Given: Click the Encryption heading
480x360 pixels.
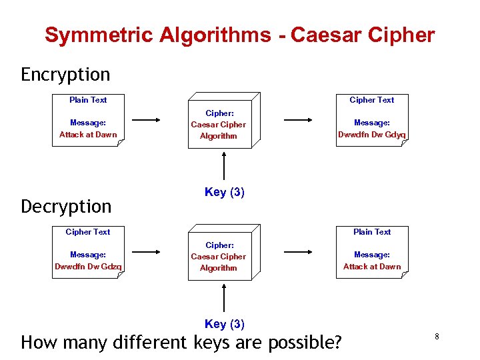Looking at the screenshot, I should tap(65, 74).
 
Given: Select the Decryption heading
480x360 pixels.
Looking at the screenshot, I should tap(66, 206).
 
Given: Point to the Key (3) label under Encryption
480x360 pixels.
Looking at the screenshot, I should tap(225, 192).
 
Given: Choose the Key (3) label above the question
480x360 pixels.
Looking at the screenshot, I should tap(225, 324).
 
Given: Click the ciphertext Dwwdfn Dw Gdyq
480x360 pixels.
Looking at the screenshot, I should tap(372, 135).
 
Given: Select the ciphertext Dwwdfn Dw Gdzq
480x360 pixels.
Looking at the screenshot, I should tap(88, 267).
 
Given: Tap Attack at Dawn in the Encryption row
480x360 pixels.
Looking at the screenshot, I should tap(88, 135).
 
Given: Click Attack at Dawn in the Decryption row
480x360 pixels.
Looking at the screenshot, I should tap(372, 267).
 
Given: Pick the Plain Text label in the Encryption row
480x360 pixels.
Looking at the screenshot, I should tap(88, 100).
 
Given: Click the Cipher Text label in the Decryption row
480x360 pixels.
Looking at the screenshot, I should tap(88, 232).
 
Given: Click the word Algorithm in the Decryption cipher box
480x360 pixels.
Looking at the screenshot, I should tap(219, 268).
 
